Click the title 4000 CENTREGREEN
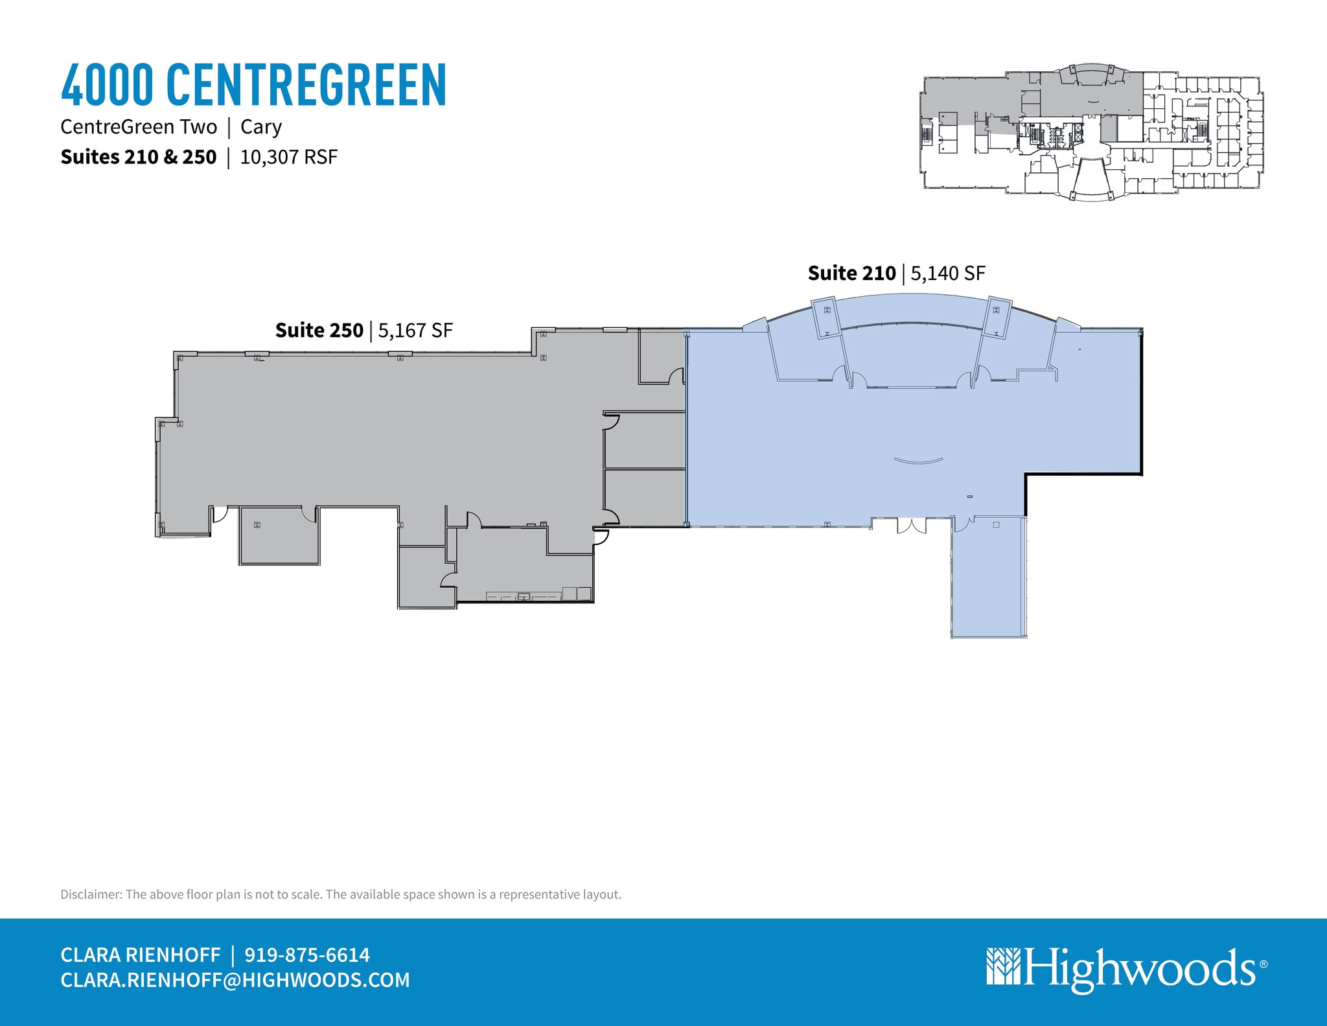(253, 85)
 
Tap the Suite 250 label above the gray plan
(319, 331)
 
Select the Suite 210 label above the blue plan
(851, 274)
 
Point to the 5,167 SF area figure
(415, 331)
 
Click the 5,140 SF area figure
(948, 274)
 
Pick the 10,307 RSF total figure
(289, 157)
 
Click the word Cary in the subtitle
(260, 127)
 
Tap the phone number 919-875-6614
(307, 955)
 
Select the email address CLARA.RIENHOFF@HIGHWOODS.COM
(235, 980)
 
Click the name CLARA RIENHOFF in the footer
(141, 955)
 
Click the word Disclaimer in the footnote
(91, 894)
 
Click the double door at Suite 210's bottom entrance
(912, 526)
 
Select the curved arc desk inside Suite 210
(918, 461)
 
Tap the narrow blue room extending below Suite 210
(989, 577)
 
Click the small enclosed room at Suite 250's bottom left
(279, 536)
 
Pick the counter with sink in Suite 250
(524, 596)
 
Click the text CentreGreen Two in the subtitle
(139, 127)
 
